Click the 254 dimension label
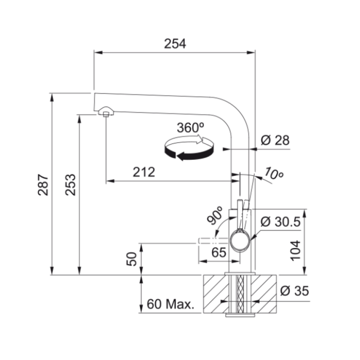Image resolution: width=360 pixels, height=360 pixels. pyautogui.click(x=175, y=44)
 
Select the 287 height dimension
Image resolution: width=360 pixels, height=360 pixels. pyautogui.click(x=43, y=185)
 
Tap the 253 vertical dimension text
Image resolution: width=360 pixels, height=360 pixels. pyautogui.click(x=70, y=185)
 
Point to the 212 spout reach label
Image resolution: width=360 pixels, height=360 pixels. pyautogui.click(x=144, y=172)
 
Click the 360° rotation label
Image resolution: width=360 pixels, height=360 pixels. pyautogui.click(x=190, y=127)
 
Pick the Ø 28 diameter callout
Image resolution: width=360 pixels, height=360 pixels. pyautogui.click(x=275, y=140)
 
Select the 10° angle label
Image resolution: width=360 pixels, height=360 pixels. pyautogui.click(x=274, y=173)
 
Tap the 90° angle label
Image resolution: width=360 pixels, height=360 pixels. pyautogui.click(x=215, y=215)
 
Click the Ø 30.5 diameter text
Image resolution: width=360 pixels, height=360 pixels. pyautogui.click(x=280, y=221)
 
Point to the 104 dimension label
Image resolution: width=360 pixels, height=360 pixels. pyautogui.click(x=296, y=251)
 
